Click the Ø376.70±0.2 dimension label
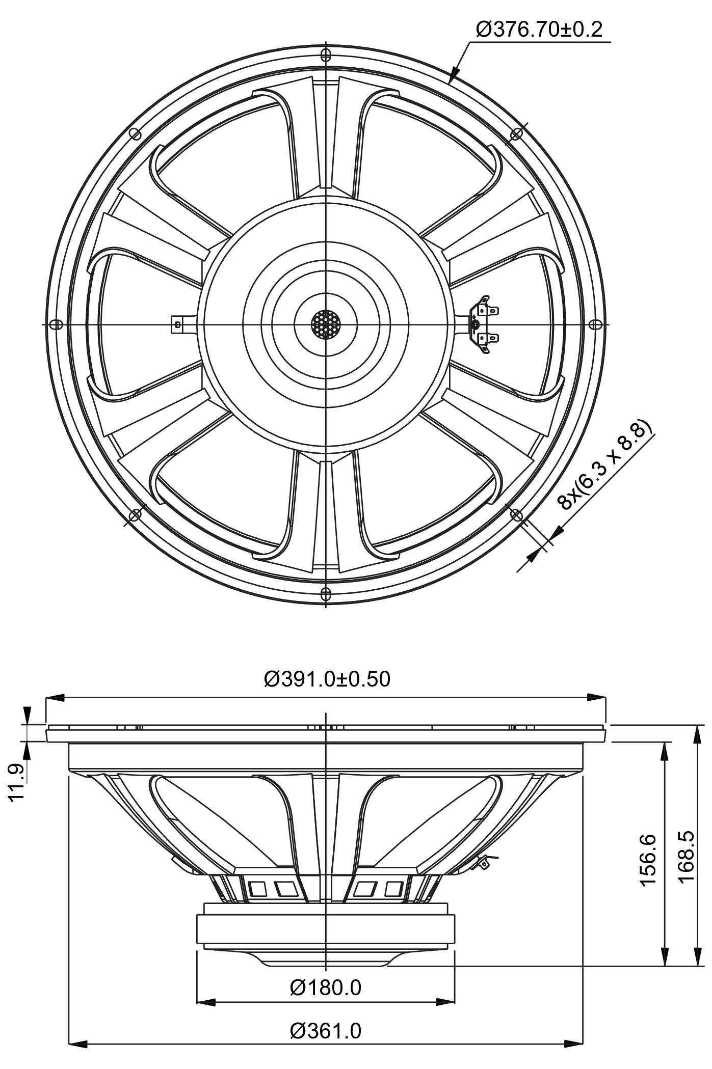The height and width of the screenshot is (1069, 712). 539,30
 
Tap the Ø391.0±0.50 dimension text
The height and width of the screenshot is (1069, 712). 327,679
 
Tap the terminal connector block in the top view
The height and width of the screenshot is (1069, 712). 483,323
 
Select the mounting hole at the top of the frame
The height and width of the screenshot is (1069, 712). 326,53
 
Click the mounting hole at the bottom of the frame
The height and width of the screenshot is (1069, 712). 326,593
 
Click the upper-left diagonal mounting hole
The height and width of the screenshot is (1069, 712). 135,133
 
